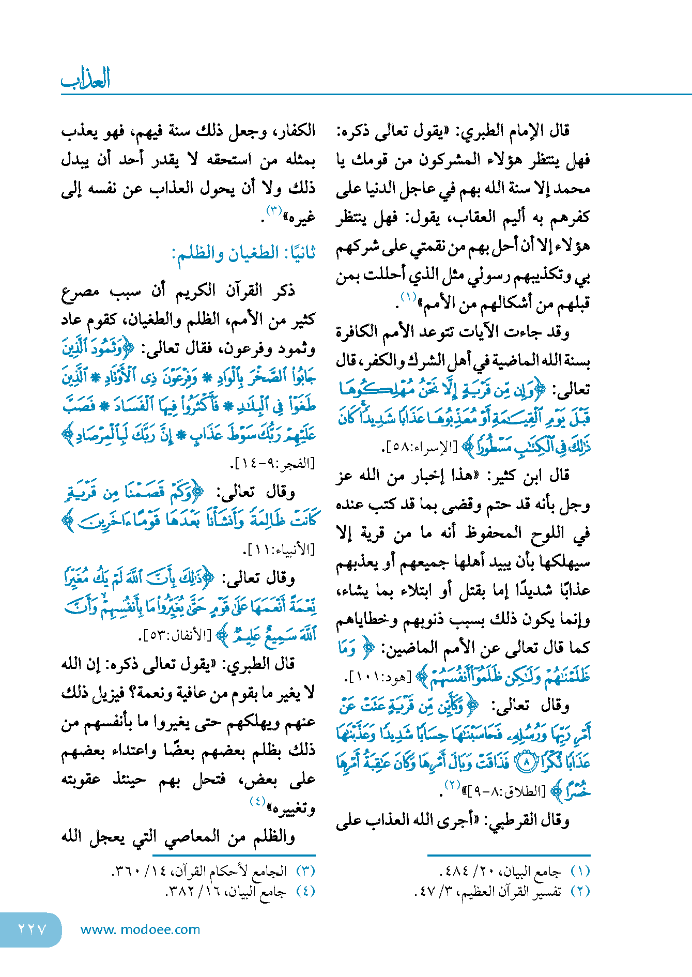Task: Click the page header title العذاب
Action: click(86, 79)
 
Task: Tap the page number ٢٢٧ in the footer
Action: click(32, 929)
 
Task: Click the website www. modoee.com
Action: click(140, 929)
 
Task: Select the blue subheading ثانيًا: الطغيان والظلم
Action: click(243, 254)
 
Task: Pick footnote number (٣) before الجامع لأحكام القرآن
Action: click(305, 872)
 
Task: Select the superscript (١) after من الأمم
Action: click(409, 297)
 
